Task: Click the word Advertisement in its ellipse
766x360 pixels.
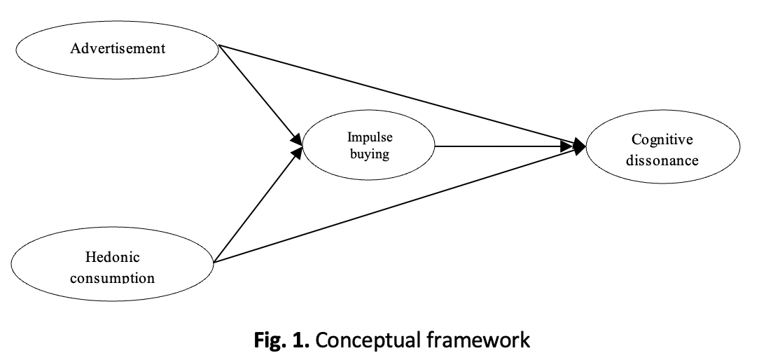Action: click(x=118, y=48)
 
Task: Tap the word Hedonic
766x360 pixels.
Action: click(x=113, y=257)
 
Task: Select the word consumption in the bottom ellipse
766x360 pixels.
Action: click(x=113, y=277)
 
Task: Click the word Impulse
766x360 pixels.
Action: click(x=370, y=137)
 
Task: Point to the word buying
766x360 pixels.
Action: click(x=370, y=153)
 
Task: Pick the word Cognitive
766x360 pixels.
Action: click(x=662, y=140)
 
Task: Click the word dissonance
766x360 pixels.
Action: click(x=662, y=160)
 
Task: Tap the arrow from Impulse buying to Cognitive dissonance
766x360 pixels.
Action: click(x=504, y=146)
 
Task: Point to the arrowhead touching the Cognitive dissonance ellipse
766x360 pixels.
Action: click(x=580, y=146)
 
